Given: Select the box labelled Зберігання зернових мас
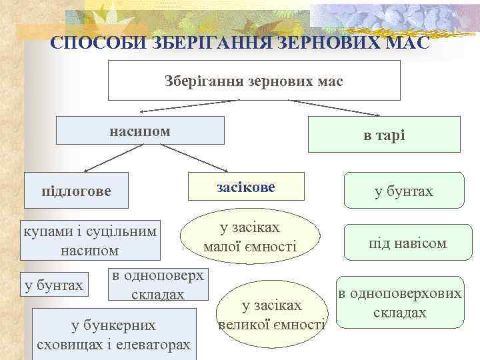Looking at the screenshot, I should pos(254,80).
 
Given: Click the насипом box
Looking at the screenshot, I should pos(140,131).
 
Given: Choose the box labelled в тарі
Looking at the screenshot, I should pos(384,135).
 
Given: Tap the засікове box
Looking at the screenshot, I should pos(246,187).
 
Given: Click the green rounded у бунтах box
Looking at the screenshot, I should pos(404,192).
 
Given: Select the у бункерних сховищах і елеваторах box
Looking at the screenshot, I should pos(114,335).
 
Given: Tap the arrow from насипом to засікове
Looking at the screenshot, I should pos(193,158).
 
